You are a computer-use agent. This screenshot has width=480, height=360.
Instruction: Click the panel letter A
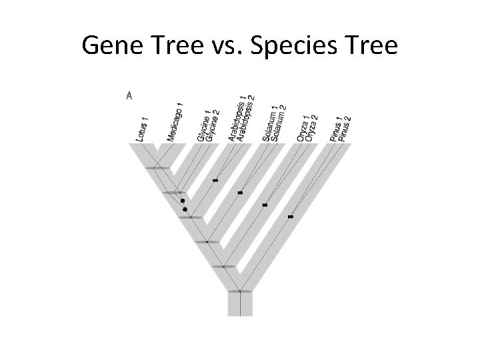129,95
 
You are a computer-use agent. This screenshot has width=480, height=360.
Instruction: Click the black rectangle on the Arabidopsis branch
215,180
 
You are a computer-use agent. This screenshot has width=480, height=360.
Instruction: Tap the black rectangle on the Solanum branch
240,193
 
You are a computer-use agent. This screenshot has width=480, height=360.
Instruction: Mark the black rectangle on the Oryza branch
265,205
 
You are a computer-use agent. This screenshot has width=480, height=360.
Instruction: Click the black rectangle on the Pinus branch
290,217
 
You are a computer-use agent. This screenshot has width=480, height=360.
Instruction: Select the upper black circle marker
182,200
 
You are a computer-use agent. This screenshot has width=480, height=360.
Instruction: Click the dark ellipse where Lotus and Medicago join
158,168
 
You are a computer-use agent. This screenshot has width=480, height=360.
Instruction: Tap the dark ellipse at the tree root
239,291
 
